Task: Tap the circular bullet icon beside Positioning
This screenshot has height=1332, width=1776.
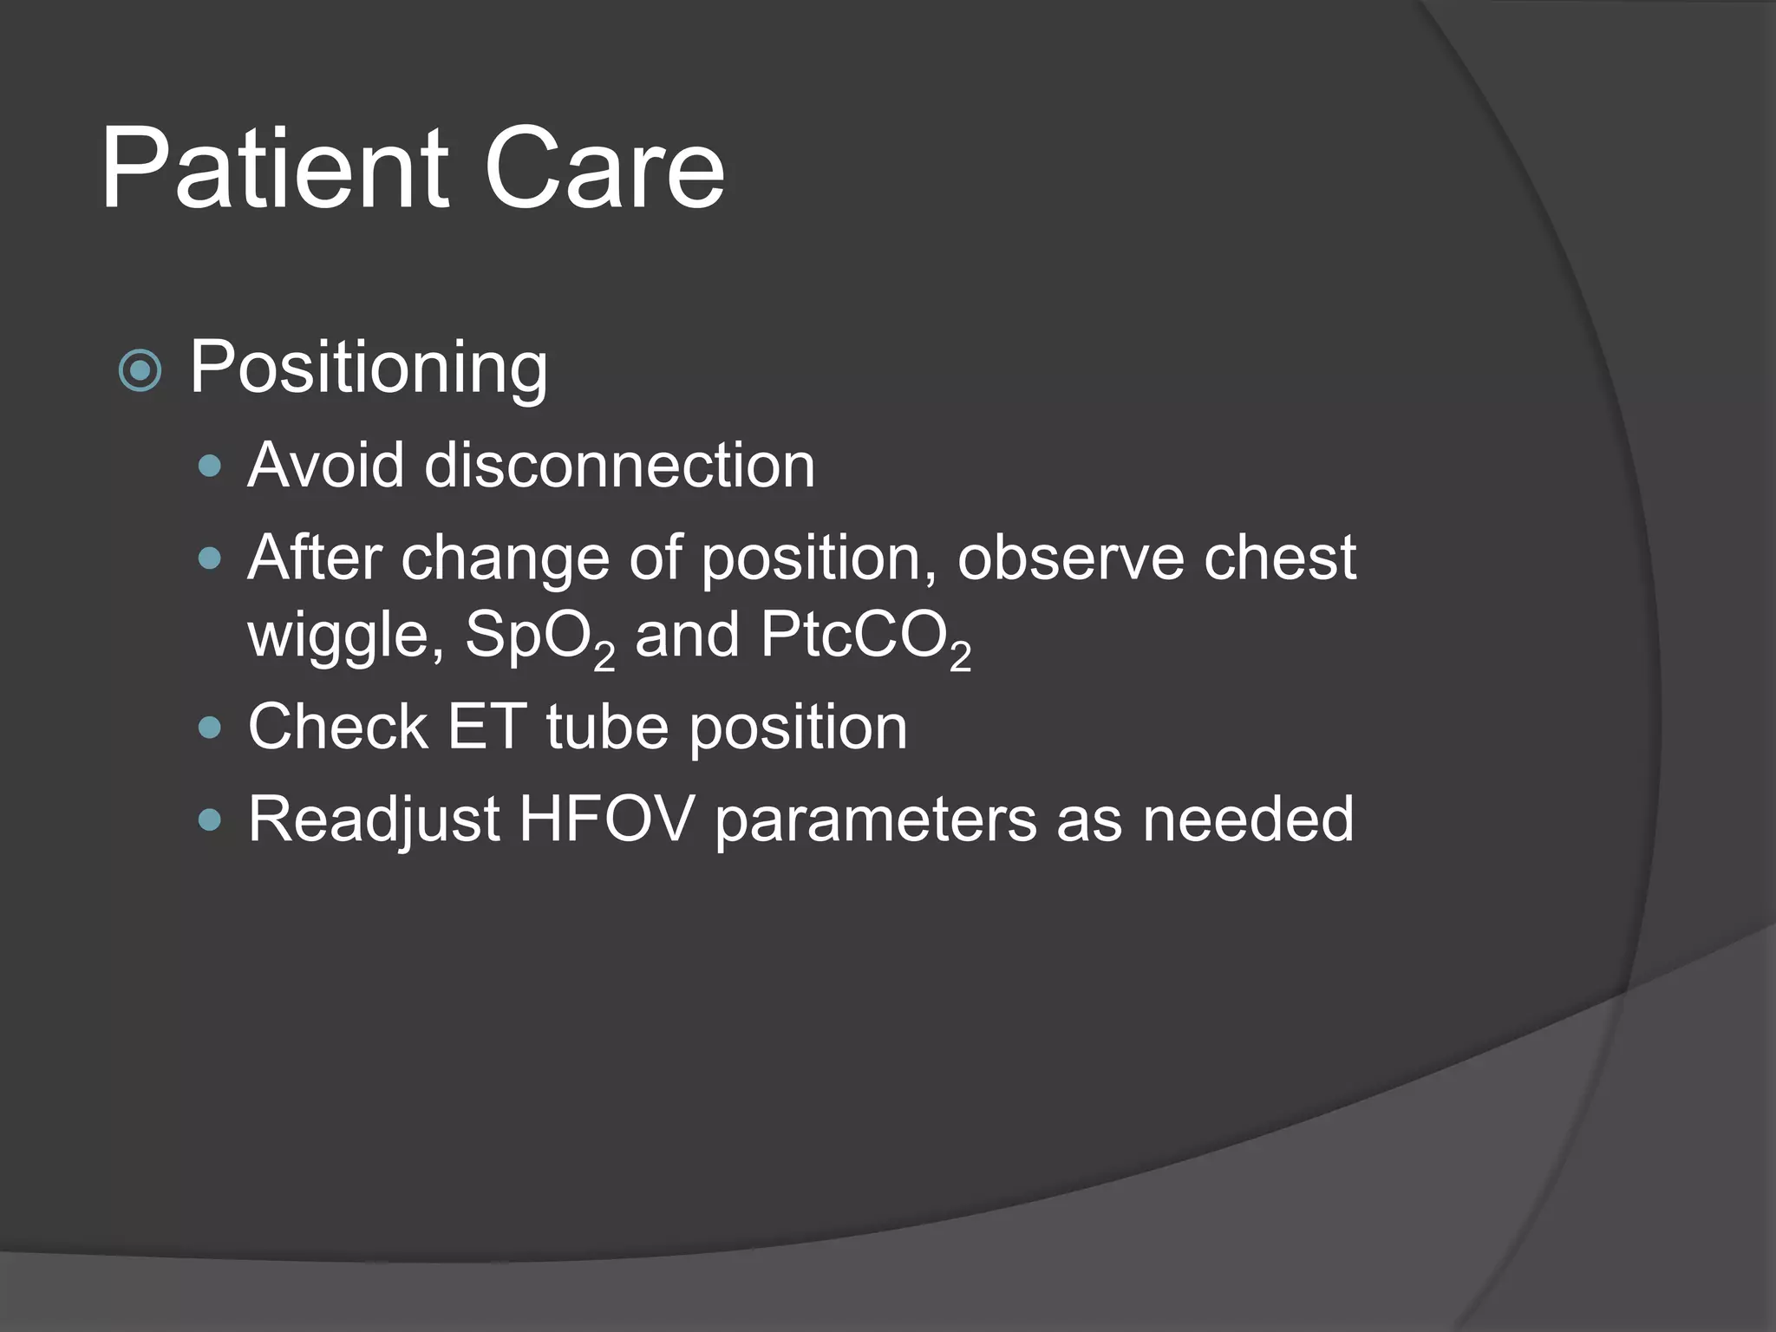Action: pyautogui.click(x=140, y=371)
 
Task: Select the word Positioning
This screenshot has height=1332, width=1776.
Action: pyautogui.click(x=369, y=368)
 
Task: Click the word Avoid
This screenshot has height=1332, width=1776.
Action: pyautogui.click(x=325, y=465)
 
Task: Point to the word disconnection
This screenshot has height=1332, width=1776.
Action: pyautogui.click(x=619, y=465)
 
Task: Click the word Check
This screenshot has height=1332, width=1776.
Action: pyautogui.click(x=337, y=727)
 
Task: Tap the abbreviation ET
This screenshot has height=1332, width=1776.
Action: pyautogui.click(x=486, y=727)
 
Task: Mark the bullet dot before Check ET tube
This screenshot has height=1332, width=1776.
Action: pyautogui.click(x=210, y=727)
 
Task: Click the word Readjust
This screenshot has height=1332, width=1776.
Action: pyautogui.click(x=374, y=819)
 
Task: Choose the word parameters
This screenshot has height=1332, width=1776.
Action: pyautogui.click(x=875, y=820)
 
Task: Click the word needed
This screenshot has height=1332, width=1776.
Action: pyautogui.click(x=1248, y=819)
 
